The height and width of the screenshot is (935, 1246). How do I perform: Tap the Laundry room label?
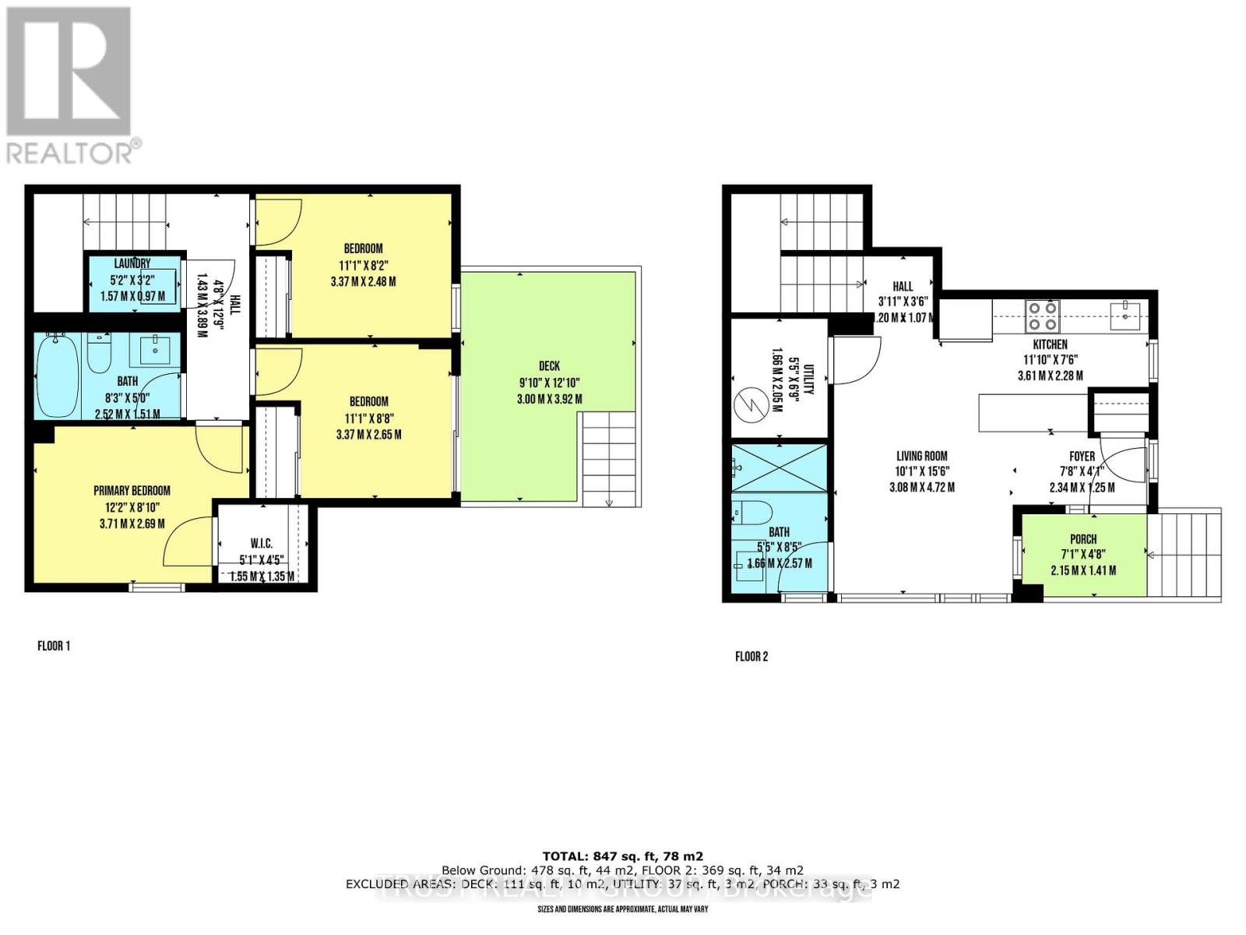(x=132, y=263)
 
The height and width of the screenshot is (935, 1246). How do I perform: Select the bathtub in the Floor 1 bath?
(x=58, y=377)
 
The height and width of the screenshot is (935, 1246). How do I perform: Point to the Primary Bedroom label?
(x=132, y=490)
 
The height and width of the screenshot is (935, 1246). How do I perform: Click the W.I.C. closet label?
(x=261, y=543)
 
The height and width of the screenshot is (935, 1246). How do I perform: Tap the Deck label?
(x=549, y=365)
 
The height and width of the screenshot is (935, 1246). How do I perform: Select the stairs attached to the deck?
(x=608, y=460)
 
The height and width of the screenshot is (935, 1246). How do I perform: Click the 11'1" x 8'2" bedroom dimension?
(x=363, y=265)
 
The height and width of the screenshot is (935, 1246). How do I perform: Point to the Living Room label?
(x=921, y=456)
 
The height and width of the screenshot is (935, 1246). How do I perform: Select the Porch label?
(x=1083, y=538)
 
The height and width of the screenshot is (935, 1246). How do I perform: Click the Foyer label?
(x=1082, y=456)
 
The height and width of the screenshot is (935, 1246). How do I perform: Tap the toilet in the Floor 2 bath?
(x=753, y=513)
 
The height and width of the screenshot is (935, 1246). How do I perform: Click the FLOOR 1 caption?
(x=54, y=646)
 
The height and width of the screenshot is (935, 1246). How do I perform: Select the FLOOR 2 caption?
(x=751, y=656)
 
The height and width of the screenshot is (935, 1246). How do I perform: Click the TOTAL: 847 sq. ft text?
(x=622, y=856)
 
